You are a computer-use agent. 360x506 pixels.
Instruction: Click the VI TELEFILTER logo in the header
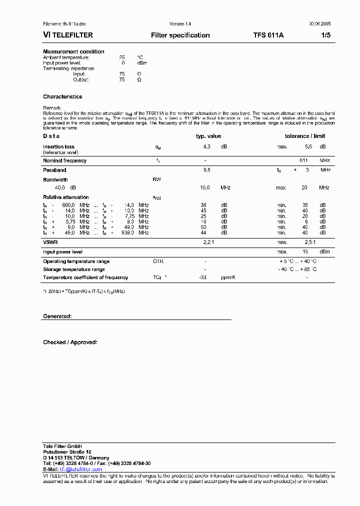[x=68, y=35]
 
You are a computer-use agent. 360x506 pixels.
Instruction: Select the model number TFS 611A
[x=268, y=35]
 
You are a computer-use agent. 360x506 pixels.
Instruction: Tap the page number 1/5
[x=325, y=35]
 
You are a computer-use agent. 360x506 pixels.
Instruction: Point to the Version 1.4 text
[x=180, y=24]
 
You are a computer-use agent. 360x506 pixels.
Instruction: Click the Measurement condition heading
[x=73, y=51]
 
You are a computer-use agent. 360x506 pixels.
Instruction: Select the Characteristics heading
[x=62, y=96]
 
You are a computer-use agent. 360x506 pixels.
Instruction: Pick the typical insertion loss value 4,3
[x=206, y=147]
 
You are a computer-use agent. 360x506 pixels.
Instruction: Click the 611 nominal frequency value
[x=303, y=160]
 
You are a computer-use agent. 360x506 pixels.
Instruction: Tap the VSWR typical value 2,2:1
[x=208, y=242]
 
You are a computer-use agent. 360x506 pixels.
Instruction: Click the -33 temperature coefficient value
[x=203, y=277]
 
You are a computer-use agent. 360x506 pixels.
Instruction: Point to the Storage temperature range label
[x=74, y=269]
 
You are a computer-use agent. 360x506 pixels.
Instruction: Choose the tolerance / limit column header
[x=304, y=136]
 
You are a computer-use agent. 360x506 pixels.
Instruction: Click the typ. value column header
[x=208, y=136]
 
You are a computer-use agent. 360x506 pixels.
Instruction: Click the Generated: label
[x=57, y=316]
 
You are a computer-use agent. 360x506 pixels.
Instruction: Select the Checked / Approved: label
[x=70, y=342]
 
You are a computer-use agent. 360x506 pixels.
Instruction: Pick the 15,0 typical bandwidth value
[x=205, y=187]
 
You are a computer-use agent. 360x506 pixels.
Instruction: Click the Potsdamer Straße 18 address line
[x=67, y=451]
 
